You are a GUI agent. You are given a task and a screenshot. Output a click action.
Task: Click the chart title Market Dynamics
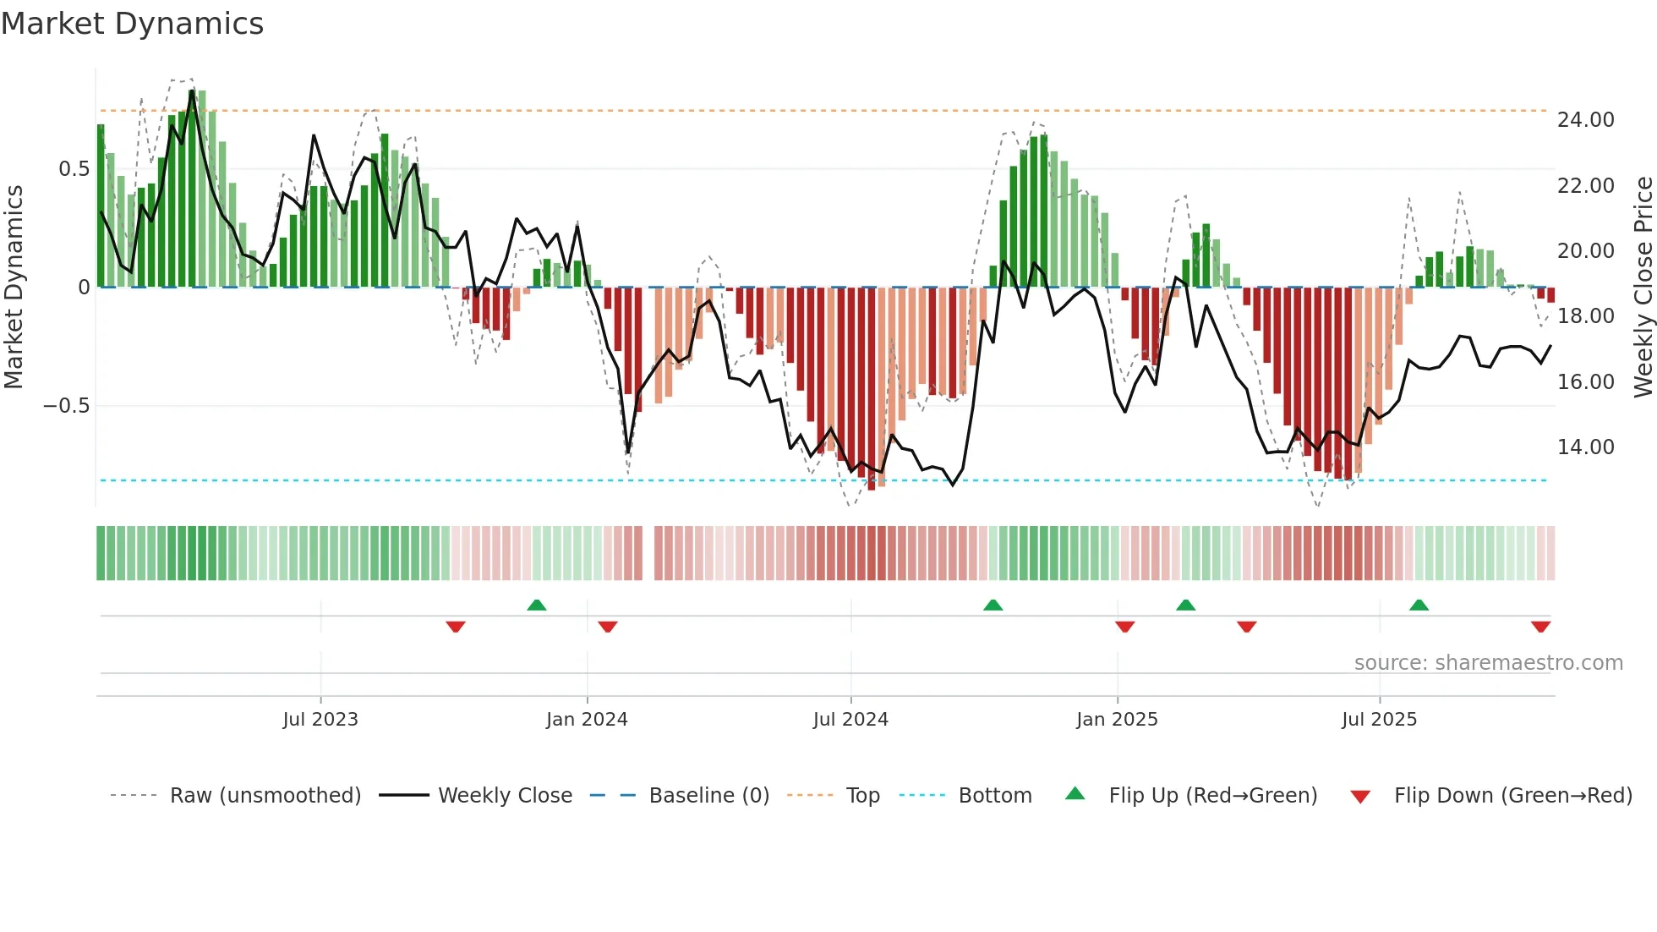click(133, 24)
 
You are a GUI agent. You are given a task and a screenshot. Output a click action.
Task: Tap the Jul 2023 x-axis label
click(320, 720)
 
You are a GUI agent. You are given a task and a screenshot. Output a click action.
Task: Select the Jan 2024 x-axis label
click(587, 720)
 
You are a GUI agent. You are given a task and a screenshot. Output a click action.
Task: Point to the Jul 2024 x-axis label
click(850, 720)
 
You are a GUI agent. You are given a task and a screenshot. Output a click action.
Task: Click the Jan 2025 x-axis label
click(1117, 720)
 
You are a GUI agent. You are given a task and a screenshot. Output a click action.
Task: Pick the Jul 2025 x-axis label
click(1379, 720)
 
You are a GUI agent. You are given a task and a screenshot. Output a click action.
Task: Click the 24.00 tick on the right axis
click(1585, 120)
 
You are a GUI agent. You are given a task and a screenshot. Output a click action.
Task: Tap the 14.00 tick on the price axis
click(1585, 447)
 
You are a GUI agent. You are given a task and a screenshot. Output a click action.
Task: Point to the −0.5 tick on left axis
click(66, 406)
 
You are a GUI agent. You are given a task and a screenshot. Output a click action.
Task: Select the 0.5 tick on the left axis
click(74, 169)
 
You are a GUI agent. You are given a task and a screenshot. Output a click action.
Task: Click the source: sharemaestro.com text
click(1488, 663)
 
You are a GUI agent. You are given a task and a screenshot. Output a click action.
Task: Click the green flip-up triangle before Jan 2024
click(536, 605)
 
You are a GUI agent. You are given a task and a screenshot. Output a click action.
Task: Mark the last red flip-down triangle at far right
click(1540, 627)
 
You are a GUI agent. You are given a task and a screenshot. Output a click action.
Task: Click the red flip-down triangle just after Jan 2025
click(1124, 627)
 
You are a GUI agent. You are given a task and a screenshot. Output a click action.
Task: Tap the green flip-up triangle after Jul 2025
click(1419, 605)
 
